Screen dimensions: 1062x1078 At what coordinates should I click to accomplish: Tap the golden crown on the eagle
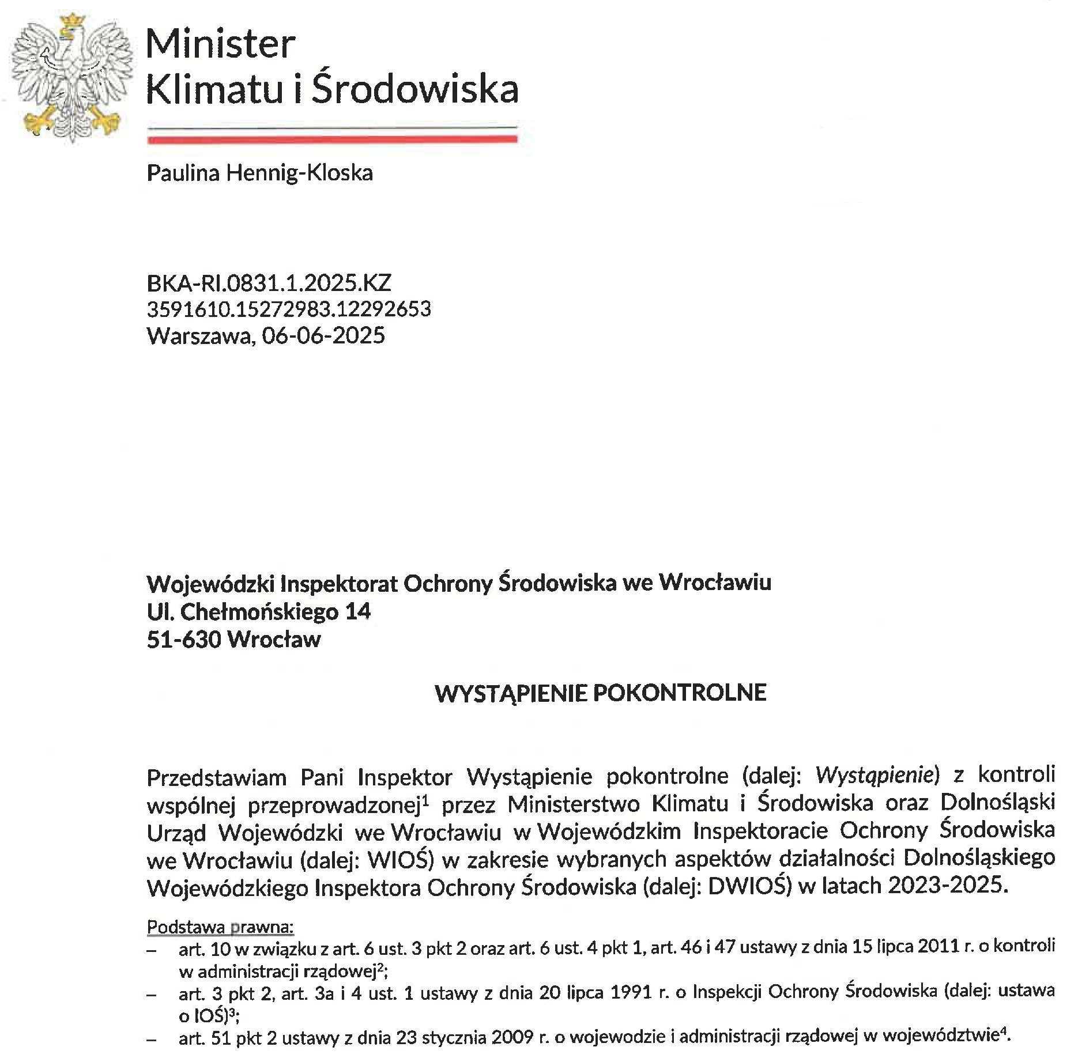(71, 21)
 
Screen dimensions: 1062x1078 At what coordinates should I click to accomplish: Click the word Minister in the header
(221, 44)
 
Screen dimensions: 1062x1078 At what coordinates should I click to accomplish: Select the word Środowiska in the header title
(415, 89)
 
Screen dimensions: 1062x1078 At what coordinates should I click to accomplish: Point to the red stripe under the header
(333, 139)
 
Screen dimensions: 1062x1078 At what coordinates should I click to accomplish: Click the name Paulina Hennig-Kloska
(260, 173)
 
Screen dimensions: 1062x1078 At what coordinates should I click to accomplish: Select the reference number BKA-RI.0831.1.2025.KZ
(269, 283)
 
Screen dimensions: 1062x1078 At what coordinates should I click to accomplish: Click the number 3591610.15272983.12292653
(289, 309)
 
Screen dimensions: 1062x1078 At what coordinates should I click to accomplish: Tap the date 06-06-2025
(323, 335)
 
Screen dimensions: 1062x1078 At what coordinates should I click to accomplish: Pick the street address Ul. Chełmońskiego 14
(259, 611)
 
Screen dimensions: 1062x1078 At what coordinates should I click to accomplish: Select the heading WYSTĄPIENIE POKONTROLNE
(601, 693)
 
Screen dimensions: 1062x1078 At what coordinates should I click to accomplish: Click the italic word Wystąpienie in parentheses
(874, 775)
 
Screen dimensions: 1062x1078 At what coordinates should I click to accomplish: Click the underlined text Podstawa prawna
(220, 927)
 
